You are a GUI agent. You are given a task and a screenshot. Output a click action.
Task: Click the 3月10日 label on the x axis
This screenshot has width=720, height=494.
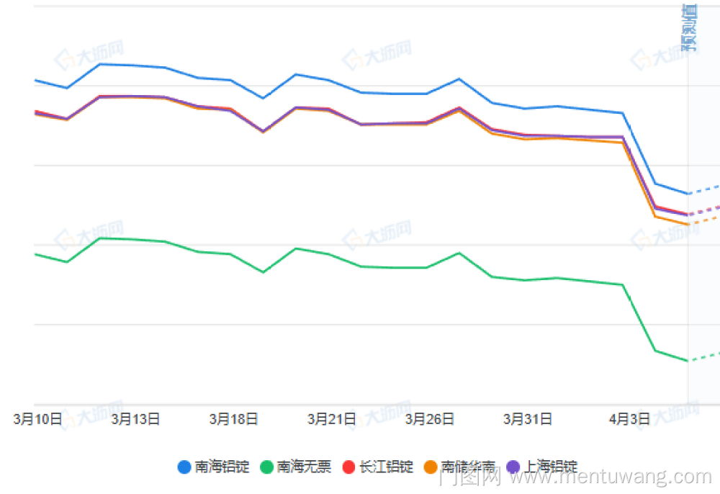pos(37,419)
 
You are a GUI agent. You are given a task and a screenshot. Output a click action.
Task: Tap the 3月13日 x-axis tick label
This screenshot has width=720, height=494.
pos(135,419)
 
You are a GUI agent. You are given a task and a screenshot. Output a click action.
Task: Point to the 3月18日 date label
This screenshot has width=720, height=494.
pos(233,419)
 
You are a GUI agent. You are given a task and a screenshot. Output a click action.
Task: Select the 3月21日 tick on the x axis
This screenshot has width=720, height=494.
pos(331,419)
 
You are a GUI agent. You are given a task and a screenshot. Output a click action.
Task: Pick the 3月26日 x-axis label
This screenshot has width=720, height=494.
pos(429,419)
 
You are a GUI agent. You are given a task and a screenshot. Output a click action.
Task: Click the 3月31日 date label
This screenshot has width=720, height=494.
pos(527,419)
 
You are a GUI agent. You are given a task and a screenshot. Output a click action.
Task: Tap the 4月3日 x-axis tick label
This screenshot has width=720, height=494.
pos(629,419)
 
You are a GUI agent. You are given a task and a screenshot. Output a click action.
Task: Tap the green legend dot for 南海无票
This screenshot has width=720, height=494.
pos(267,467)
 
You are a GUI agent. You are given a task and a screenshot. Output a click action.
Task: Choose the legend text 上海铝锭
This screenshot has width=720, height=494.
pos(551,467)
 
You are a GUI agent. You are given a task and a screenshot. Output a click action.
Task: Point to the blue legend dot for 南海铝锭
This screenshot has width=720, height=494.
pos(184,467)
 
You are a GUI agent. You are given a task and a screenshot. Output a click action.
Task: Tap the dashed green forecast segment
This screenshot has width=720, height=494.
pos(704,356)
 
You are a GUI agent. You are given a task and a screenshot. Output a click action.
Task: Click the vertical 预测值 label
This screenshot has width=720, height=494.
pos(689,29)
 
